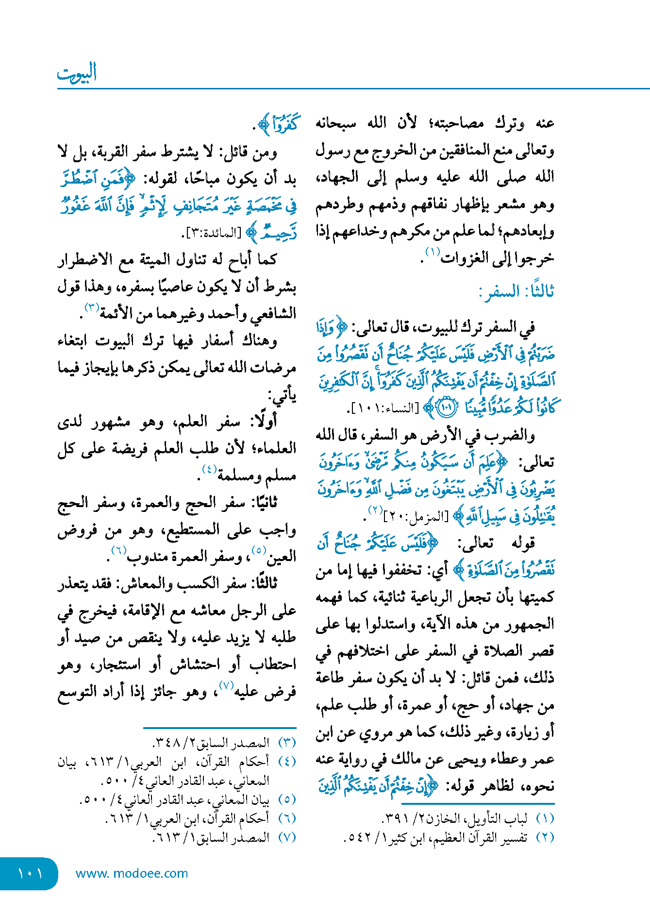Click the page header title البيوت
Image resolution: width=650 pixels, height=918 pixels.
coord(77,73)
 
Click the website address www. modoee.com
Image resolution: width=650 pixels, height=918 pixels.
coord(132,873)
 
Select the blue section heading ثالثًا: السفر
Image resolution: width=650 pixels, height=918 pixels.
coord(517,291)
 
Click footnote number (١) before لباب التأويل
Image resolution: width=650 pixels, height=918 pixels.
coord(545,818)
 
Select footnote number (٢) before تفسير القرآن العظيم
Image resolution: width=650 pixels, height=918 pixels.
coord(545,837)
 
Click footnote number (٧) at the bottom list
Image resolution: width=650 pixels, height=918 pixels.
coord(287,837)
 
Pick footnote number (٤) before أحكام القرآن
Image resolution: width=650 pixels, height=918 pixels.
coord(287,761)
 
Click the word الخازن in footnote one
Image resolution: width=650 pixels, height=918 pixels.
coord(447,818)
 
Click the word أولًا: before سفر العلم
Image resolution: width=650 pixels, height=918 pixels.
coord(264,421)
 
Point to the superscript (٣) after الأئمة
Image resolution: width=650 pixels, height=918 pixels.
coord(92,307)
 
